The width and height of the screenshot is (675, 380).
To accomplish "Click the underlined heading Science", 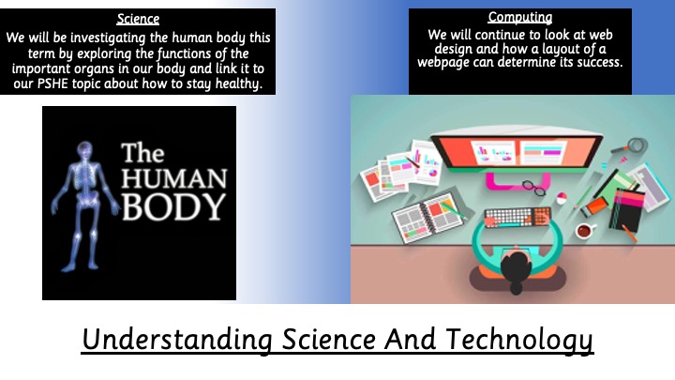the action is click(138, 19).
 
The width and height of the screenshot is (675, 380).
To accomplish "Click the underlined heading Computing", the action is click(520, 17).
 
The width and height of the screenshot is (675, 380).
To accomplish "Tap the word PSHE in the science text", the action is click(52, 84).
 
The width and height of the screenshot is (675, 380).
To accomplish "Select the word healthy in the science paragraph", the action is click(239, 84).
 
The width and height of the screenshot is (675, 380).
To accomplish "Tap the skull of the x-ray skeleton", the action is click(84, 149).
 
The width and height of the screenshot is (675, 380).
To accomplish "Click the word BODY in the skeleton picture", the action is click(174, 206).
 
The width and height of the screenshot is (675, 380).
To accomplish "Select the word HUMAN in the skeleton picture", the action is click(174, 179).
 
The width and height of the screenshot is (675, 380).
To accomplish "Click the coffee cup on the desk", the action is click(585, 231).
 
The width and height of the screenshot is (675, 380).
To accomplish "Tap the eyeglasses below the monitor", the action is click(533, 188).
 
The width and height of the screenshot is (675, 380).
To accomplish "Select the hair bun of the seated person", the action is click(517, 287).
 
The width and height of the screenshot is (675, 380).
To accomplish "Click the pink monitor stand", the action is click(517, 181).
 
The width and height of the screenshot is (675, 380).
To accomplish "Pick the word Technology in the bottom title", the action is click(519, 341).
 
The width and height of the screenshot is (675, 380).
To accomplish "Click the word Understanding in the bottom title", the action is click(177, 341).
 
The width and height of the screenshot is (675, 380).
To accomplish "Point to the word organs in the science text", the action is click(95, 68).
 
